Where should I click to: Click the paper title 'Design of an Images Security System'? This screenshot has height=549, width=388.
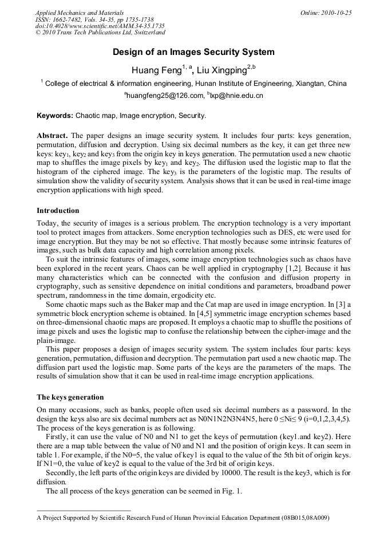193,52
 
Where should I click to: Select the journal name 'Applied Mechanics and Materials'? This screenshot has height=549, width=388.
80,13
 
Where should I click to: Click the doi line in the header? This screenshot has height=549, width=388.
100,26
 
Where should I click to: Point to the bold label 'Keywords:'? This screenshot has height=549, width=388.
55,116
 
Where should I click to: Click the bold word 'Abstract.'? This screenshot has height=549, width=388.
53,136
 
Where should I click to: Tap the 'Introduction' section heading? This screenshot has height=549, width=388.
58,211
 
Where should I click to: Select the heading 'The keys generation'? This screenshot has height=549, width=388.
70,397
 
